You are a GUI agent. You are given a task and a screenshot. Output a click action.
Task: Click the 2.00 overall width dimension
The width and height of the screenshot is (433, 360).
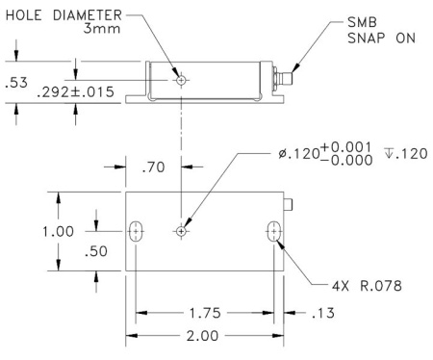(x=202, y=336)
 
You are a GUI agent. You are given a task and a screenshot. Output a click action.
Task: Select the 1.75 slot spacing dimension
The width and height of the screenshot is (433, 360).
(x=205, y=313)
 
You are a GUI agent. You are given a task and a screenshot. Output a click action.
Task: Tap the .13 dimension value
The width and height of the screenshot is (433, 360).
(x=323, y=313)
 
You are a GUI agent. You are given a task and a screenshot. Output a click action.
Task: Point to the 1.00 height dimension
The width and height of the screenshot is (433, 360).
(x=59, y=231)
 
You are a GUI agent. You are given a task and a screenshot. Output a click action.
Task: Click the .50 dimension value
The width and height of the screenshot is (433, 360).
(x=96, y=251)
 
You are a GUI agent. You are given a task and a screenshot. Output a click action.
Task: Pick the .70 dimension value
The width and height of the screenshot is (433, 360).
(x=153, y=167)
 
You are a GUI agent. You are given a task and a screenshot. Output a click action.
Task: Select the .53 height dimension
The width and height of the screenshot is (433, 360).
(x=16, y=83)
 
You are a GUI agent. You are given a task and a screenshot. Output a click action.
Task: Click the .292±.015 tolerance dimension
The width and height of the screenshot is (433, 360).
(x=75, y=92)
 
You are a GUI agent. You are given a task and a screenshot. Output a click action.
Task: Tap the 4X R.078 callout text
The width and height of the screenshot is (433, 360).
(x=367, y=286)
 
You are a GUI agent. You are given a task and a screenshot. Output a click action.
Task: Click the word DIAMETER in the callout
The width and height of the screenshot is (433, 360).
(x=88, y=15)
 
